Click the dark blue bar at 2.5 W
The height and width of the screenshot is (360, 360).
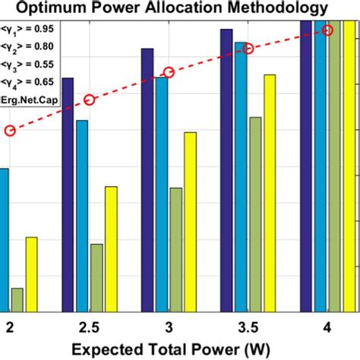(x=68, y=194)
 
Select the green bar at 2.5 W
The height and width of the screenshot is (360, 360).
(x=96, y=277)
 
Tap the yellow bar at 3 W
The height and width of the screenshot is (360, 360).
(x=190, y=222)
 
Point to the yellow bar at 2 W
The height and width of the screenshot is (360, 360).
(x=31, y=273)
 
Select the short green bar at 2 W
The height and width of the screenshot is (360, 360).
(x=17, y=299)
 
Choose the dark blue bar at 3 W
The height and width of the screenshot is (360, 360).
(x=147, y=179)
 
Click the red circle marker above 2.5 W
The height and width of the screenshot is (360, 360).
(x=89, y=99)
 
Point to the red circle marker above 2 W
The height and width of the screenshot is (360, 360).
(x=10, y=131)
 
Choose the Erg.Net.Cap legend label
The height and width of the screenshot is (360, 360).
(x=28, y=99)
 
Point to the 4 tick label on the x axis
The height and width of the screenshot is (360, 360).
(x=327, y=327)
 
